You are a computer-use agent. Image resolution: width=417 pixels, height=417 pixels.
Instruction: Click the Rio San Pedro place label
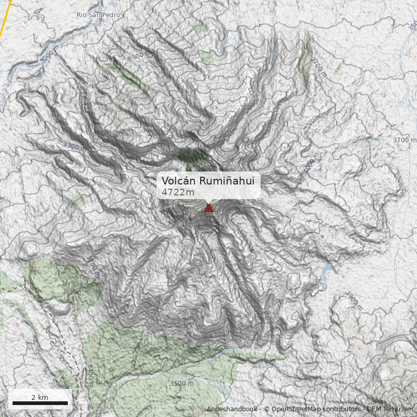(98, 15)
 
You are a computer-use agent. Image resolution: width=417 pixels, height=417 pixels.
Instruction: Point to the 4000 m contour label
(311, 164)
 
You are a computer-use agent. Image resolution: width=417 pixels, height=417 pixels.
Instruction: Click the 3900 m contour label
(353, 300)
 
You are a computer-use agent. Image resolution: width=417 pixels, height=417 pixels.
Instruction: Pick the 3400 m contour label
(90, 376)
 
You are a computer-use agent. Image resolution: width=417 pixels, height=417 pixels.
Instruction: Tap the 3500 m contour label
(181, 384)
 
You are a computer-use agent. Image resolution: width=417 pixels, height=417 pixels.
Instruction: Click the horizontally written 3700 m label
(404, 140)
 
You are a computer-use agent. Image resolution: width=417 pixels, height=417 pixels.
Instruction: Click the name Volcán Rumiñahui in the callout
(207, 180)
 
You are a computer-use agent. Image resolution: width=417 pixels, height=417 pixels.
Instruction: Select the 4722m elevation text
(178, 192)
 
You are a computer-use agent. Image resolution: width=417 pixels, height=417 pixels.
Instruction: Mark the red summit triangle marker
(208, 208)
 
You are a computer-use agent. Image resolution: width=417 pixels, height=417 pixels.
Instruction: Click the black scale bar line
(40, 403)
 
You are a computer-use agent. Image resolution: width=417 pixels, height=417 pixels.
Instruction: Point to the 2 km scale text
(40, 397)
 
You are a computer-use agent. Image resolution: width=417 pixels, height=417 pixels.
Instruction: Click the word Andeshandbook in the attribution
(231, 409)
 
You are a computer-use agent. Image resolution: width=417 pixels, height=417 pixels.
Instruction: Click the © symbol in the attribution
(266, 409)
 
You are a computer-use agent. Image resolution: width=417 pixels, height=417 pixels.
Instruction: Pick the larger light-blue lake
(326, 272)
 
